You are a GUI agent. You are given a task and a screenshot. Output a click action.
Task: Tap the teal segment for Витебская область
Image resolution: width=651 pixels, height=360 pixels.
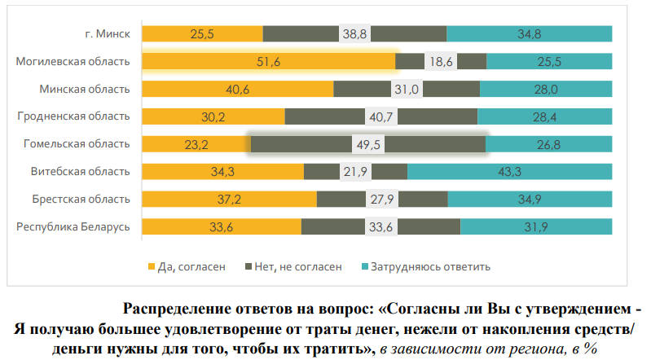pos(489,172)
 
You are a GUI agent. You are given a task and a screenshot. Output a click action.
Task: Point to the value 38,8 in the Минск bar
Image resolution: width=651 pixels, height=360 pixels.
pos(355,33)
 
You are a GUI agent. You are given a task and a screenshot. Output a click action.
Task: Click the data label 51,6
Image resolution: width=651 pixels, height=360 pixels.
pos(268,62)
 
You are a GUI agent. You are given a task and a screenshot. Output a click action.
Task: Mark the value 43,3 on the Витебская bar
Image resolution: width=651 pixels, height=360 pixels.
pos(509,172)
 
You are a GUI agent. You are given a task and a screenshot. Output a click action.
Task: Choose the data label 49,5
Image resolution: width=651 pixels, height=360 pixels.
pos(367,144)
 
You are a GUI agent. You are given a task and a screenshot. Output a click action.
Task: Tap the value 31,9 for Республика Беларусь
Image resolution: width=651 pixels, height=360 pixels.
pos(536,227)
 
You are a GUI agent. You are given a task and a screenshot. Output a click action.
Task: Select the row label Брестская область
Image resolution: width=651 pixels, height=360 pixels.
pos(80,200)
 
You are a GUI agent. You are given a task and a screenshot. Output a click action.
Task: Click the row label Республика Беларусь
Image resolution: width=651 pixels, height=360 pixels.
pos(73,227)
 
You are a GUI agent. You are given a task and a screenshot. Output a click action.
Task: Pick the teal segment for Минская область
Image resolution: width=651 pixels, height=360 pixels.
pos(546,89)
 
